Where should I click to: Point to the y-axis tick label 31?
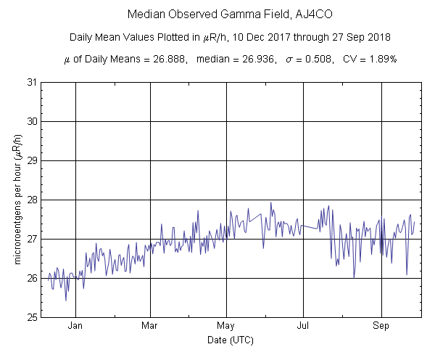[33, 82]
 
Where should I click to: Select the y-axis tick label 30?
[33, 121]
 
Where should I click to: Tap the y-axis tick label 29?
[33, 160]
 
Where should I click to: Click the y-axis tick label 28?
[33, 200]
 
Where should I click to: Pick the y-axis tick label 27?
[33, 239]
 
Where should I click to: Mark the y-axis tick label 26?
[33, 278]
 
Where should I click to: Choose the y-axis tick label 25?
[33, 317]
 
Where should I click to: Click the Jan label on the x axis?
[74, 326]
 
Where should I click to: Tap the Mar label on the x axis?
[150, 326]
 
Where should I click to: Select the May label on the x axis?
[226, 326]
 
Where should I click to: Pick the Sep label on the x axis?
[381, 326]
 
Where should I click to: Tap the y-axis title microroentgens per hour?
[17, 199]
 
